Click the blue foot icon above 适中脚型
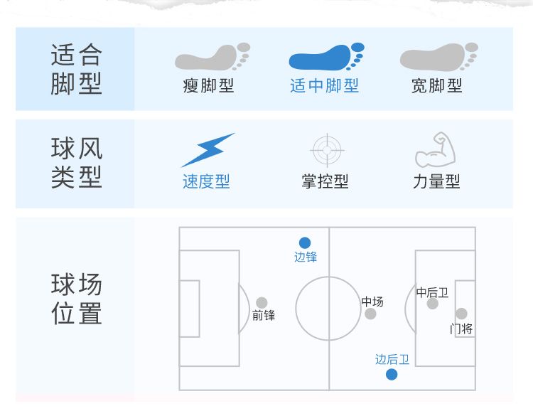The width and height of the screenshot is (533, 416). (325, 58)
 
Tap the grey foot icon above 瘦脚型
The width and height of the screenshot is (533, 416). (212, 58)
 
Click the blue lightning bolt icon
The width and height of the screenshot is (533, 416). (207, 150)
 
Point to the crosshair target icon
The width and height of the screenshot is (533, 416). (328, 150)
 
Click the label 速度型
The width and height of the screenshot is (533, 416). (206, 182)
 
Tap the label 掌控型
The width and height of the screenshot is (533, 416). (325, 182)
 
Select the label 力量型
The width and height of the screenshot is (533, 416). (436, 182)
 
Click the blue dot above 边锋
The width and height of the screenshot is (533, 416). (305, 242)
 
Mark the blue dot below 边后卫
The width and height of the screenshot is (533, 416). (392, 375)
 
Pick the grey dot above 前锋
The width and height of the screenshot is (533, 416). (262, 303)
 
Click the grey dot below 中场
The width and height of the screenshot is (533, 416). (370, 314)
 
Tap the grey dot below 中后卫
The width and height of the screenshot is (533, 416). (432, 304)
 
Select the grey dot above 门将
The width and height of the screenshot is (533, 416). (461, 314)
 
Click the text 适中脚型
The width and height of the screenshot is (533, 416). (325, 86)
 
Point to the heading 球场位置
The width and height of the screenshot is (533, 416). (77, 299)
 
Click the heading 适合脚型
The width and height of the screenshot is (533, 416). (77, 69)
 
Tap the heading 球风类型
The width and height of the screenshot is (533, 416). (77, 163)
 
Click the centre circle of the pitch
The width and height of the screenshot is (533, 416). (328, 309)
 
